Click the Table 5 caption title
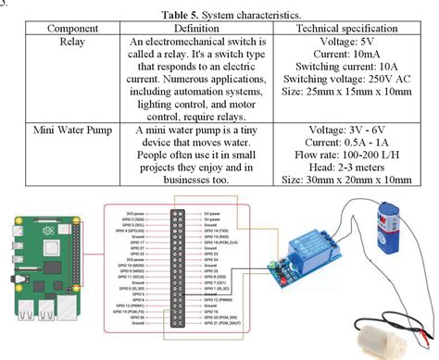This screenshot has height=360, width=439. pos(219,16)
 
